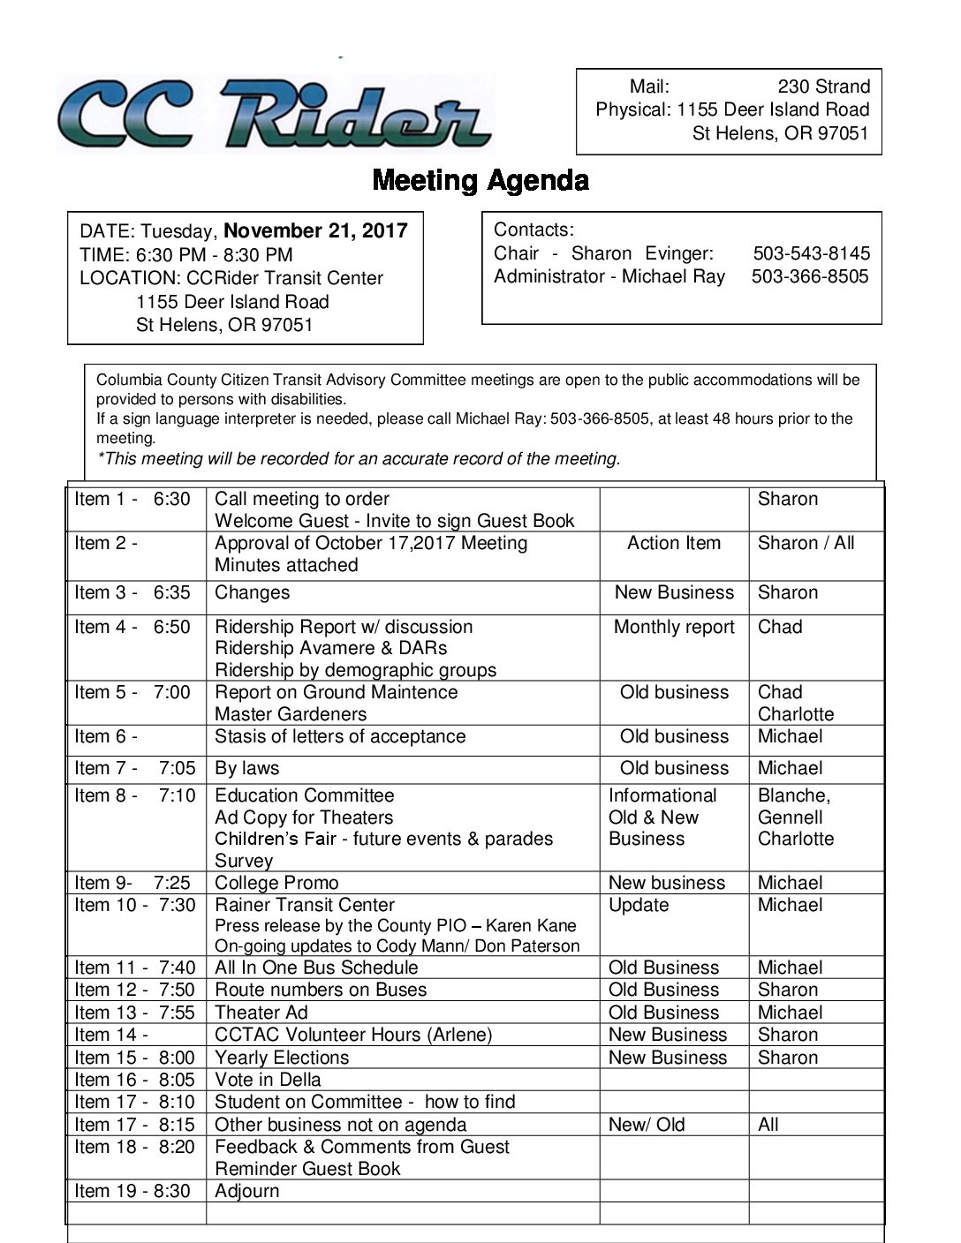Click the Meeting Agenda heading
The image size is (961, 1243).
[480, 180]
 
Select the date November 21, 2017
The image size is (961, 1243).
[315, 231]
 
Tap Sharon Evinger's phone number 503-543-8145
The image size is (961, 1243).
[811, 253]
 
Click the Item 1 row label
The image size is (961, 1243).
[132, 499]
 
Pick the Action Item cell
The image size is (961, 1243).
[673, 543]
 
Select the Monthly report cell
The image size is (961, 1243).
[673, 627]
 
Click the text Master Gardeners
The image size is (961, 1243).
[290, 714]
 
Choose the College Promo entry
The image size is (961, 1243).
[276, 883]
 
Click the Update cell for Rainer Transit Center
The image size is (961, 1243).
[638, 905]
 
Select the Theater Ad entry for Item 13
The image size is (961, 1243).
[261, 1013]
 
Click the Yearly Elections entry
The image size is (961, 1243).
[282, 1058]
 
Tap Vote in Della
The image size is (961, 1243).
[268, 1080]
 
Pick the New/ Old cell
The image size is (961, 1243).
[647, 1125]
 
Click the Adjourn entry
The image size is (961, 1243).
[246, 1191]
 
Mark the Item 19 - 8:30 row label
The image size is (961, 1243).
[132, 1191]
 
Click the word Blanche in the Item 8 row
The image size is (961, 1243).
[791, 795]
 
